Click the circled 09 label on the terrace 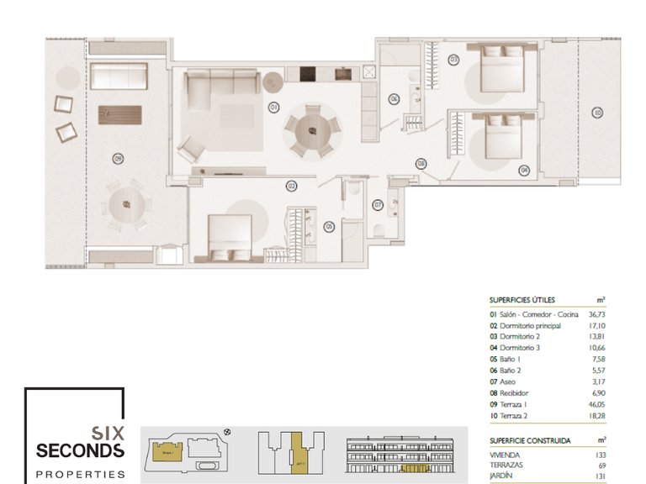click(x=118, y=157)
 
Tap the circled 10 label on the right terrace click(x=596, y=112)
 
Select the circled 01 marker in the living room click(x=273, y=107)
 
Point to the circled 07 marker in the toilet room click(x=378, y=204)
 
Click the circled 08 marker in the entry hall click(x=421, y=164)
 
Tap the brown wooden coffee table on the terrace click(x=119, y=114)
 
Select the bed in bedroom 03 click(x=503, y=69)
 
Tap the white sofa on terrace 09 click(x=119, y=76)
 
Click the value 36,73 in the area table click(x=595, y=314)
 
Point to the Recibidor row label click(x=514, y=393)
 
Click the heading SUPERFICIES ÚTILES click(x=522, y=299)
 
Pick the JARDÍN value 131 click(x=600, y=476)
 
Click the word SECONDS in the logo click(x=80, y=451)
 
